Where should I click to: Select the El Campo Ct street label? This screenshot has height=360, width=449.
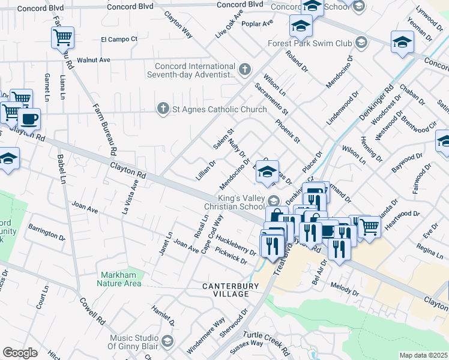119,40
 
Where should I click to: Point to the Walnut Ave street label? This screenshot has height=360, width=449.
97,60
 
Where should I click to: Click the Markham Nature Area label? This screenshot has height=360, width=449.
121,279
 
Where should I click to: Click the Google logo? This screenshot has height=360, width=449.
20,353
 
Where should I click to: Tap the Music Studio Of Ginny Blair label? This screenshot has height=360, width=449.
128,341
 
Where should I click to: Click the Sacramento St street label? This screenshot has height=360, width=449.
271,99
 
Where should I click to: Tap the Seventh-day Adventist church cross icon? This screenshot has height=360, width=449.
244,70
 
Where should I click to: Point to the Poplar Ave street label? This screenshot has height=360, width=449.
257,23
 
